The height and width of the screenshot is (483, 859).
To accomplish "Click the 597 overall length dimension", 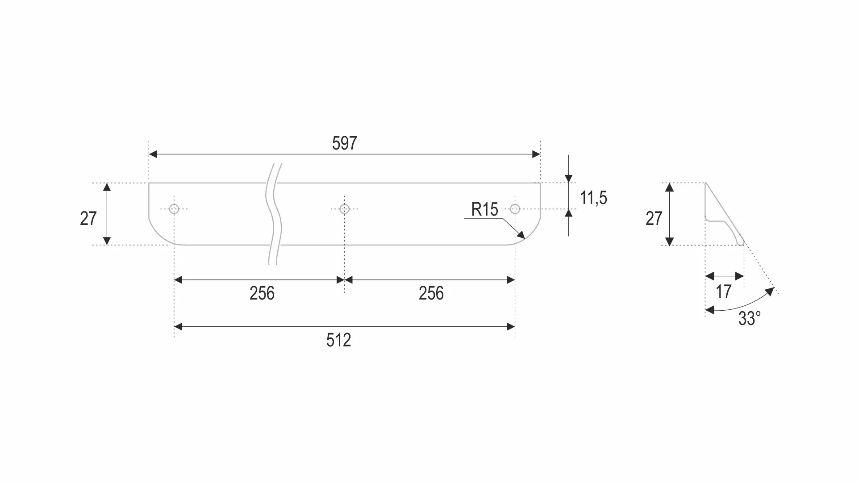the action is point(344,143).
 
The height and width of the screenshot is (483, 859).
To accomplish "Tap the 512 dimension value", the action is point(338,340).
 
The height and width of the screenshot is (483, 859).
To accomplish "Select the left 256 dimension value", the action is point(262,293).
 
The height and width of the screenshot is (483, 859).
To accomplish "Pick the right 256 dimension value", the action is point(431,293).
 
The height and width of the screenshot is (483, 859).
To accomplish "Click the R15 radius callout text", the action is point(485,209).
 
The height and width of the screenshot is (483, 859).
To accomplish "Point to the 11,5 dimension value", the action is point(593,197).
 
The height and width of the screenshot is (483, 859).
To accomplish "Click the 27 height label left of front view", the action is point(88,218).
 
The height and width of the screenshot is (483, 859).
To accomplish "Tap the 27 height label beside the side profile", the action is point(654,218).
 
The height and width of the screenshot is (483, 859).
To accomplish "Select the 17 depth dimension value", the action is point(724,291).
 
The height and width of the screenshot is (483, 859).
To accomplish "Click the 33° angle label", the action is point(750,318).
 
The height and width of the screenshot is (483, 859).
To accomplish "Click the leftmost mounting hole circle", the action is point(174,209).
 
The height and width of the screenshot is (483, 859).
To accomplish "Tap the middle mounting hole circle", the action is point(344,209).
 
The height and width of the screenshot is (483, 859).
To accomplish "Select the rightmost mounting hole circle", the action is point(515,209).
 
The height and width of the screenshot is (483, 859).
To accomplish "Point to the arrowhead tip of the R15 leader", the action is point(525,238).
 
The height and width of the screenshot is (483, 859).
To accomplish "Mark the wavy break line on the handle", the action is point(274,214).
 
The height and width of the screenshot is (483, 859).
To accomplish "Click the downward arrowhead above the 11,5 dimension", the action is point(568,179).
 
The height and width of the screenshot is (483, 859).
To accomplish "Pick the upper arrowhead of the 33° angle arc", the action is point(770,292).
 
